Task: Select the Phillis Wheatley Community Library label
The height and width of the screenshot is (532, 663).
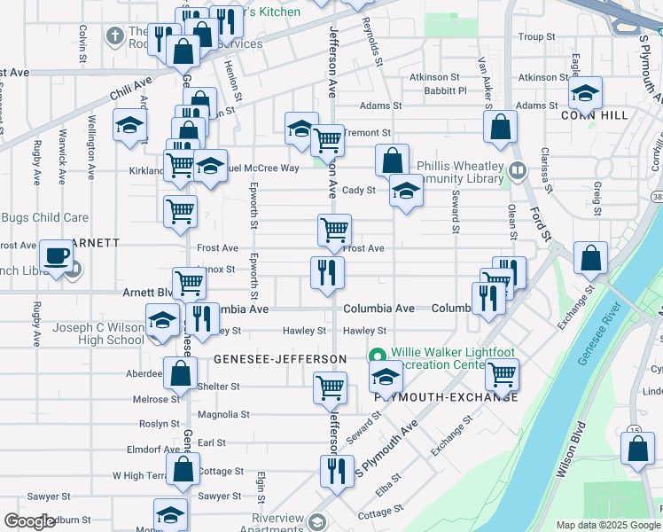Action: point(448,172)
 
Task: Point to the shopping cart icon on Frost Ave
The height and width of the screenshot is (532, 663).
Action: point(334,231)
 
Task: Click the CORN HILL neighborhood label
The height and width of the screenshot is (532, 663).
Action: point(594,115)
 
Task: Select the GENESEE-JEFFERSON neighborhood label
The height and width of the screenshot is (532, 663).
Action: point(280,358)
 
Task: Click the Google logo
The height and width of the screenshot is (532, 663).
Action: point(29,521)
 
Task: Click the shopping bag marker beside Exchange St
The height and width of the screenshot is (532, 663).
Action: point(591,259)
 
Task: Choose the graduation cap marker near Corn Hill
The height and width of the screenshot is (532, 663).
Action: point(585,93)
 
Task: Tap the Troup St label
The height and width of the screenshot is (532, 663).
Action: point(536,37)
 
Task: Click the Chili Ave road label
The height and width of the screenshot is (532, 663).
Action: point(131,90)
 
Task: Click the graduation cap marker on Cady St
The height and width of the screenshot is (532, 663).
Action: point(406,192)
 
